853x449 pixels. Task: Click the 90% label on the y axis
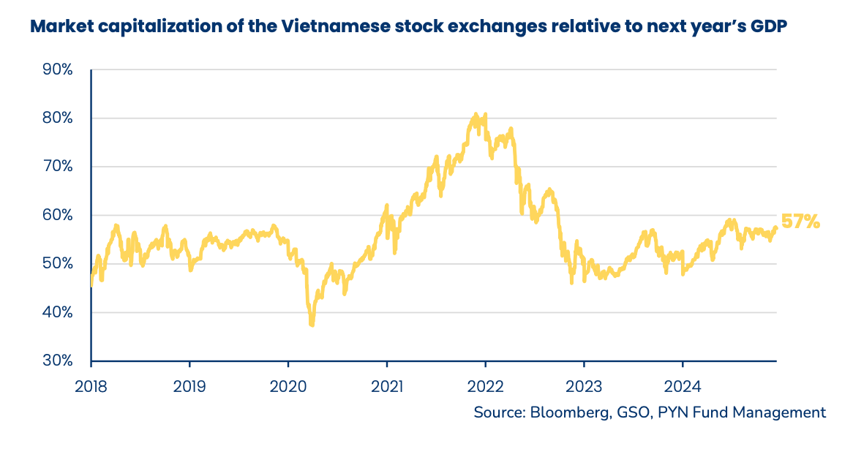pos(57,70)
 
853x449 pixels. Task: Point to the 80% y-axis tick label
pos(57,118)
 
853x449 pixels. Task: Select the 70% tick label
pos(57,167)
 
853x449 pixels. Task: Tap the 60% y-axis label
pos(57,216)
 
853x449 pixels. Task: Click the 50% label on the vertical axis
pos(57,264)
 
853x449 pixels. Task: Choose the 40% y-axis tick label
pos(57,312)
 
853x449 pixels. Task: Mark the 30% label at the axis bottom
pos(57,361)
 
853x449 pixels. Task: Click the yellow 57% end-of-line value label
pos(800,222)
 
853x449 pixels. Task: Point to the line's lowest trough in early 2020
pos(312,323)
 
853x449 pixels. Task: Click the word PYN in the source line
pos(671,412)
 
